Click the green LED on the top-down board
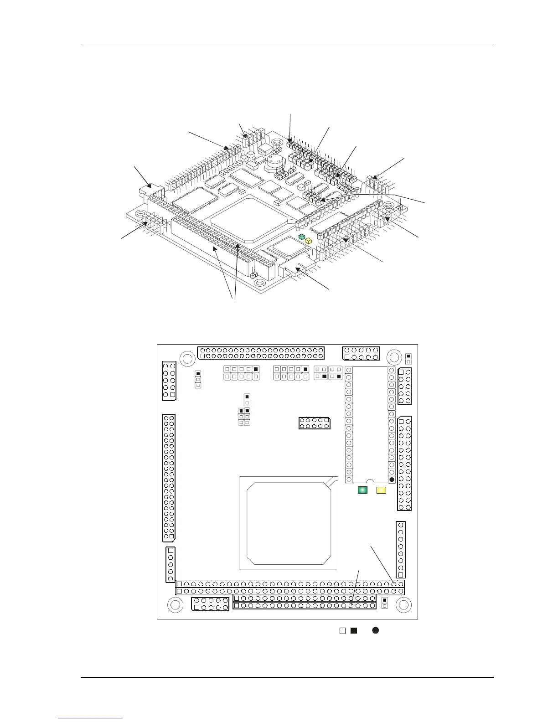click(362, 490)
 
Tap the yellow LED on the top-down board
click(381, 490)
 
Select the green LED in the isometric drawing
click(301, 237)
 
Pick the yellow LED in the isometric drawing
click(308, 240)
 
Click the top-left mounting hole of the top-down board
click(186, 358)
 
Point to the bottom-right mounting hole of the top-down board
click(403, 605)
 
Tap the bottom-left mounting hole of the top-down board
click(175, 605)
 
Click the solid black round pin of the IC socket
click(392, 479)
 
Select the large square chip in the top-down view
click(289, 523)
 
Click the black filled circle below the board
click(376, 630)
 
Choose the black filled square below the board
click(353, 631)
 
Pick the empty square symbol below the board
click(342, 631)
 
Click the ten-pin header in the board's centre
click(315, 423)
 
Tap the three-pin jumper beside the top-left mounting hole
click(198, 379)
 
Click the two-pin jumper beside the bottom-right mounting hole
click(384, 603)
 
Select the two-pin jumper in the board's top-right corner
click(408, 359)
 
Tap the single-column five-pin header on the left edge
click(170, 564)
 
